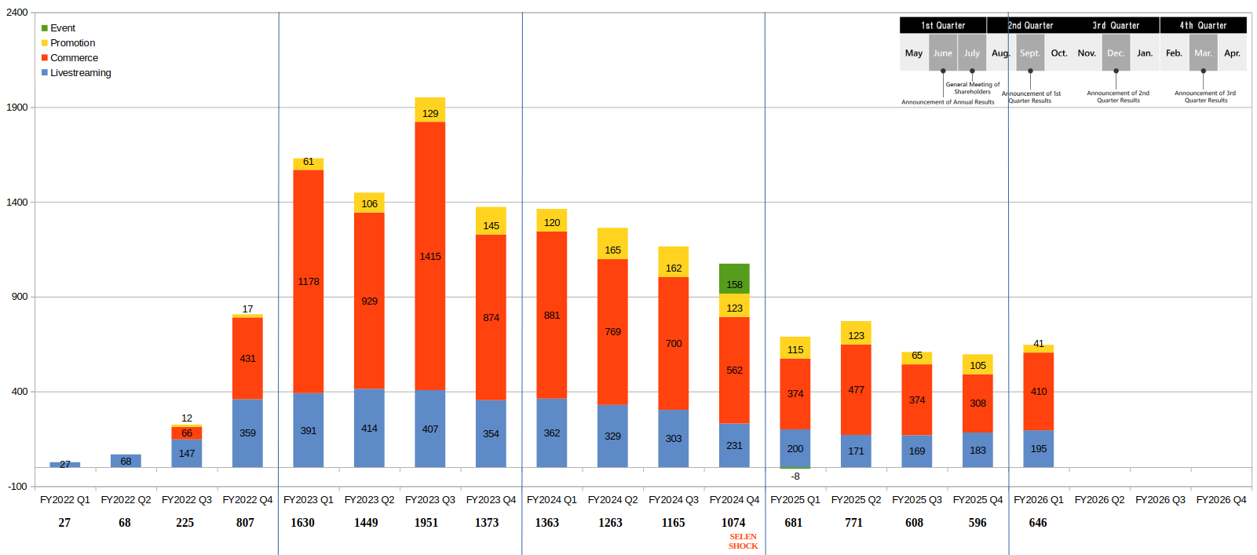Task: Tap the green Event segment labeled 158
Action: click(734, 279)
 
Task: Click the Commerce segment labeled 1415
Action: click(430, 256)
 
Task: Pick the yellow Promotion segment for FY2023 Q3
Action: click(430, 110)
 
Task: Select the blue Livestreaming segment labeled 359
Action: click(247, 433)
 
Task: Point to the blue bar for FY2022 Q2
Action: click(126, 461)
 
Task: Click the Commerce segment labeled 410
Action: click(1039, 391)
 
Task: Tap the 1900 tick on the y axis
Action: click(17, 108)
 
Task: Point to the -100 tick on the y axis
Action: click(17, 487)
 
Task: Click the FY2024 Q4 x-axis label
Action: click(734, 500)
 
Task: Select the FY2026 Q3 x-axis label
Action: click(1160, 500)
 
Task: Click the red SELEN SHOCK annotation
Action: click(743, 542)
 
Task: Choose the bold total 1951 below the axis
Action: click(426, 523)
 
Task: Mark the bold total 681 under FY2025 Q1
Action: click(794, 523)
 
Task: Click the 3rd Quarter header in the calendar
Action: click(1116, 26)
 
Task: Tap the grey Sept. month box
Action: click(1030, 53)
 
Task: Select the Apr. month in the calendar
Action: click(1232, 53)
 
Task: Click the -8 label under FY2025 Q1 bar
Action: click(795, 476)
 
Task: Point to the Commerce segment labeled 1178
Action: click(309, 281)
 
